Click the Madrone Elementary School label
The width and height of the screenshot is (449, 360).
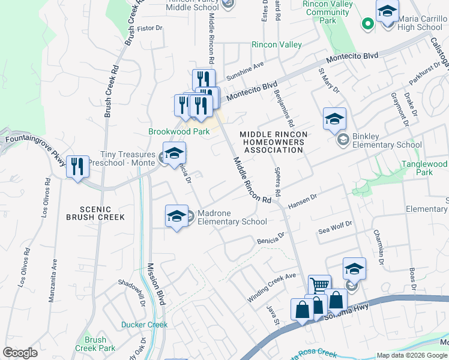click(x=232, y=217)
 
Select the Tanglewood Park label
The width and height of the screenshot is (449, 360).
click(x=424, y=168)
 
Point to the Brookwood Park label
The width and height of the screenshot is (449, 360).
click(x=179, y=131)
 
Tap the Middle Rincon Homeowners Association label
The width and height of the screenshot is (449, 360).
click(x=273, y=142)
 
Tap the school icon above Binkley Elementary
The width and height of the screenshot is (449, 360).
click(x=334, y=119)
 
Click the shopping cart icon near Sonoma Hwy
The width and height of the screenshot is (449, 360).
click(x=319, y=285)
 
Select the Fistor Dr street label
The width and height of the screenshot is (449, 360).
click(x=150, y=28)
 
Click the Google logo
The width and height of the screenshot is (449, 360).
click(x=20, y=353)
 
